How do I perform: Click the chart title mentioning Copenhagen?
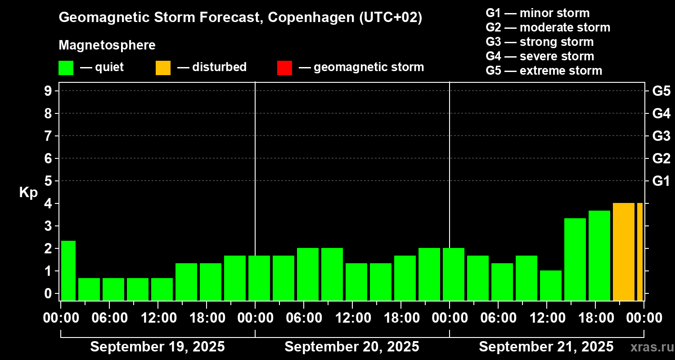pos(240,18)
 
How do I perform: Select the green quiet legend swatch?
pos(66,68)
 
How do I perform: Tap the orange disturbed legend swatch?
pos(163,68)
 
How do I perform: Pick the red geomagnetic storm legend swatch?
pos(284,68)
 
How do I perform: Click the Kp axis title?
pos(28,193)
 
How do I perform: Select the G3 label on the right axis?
pos(661,136)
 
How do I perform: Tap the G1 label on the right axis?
pos(661,181)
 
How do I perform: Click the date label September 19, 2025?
pos(157,347)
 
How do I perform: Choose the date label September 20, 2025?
pos(352,347)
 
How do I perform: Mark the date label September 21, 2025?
pos(546,347)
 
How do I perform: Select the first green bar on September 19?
pos(68,270)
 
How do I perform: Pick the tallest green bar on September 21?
pos(599,255)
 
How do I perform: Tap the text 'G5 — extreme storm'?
pos(544,71)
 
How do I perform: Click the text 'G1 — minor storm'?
pos(537,13)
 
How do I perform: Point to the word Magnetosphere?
pos(107,45)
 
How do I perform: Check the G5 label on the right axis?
pos(661,91)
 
